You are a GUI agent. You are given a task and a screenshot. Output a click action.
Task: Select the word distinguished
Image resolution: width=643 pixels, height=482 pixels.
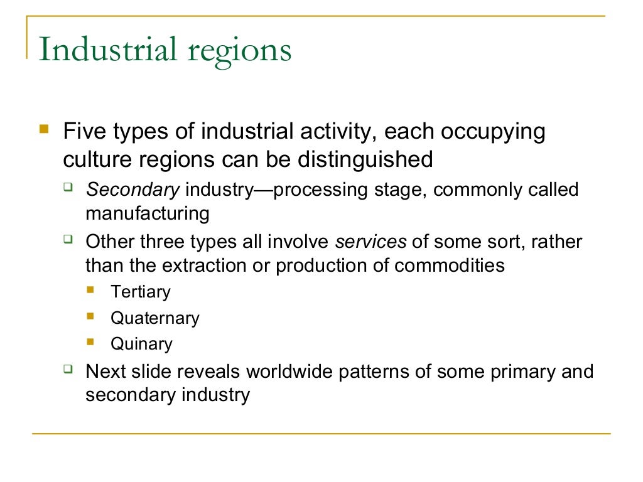pyautogui.click(x=364, y=159)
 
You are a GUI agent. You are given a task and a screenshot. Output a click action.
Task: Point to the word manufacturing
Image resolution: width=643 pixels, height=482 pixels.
pyautogui.click(x=147, y=213)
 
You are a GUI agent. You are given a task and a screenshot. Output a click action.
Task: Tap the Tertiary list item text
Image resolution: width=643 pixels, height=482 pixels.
pyautogui.click(x=140, y=292)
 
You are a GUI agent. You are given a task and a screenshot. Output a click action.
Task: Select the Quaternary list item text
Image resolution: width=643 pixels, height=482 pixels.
pyautogui.click(x=154, y=318)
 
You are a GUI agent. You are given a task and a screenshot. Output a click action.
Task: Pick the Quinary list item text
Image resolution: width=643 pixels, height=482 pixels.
pyautogui.click(x=141, y=344)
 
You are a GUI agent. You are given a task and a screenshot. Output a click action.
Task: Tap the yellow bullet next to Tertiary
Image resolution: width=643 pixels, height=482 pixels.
pyautogui.click(x=91, y=291)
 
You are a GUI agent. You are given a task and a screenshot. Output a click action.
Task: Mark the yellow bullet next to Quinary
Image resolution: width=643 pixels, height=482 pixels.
pyautogui.click(x=91, y=343)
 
